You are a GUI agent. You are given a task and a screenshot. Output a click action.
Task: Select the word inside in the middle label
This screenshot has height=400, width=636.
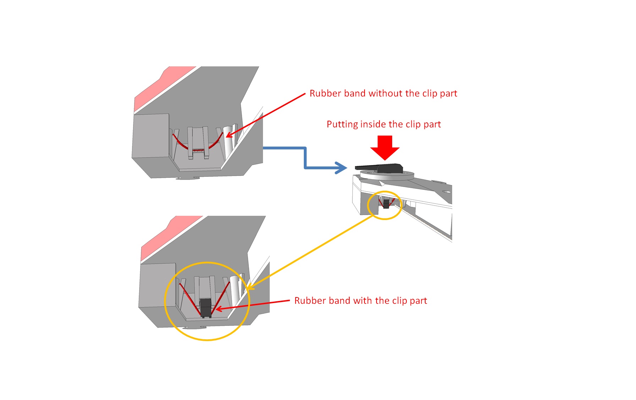(x=373, y=124)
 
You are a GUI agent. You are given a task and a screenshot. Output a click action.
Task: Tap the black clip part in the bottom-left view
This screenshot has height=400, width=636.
(x=205, y=307)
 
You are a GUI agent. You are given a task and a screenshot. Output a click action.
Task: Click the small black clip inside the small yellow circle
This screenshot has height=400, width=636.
(x=386, y=204)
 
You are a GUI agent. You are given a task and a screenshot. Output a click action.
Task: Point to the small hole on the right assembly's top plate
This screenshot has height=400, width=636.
(x=446, y=192)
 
